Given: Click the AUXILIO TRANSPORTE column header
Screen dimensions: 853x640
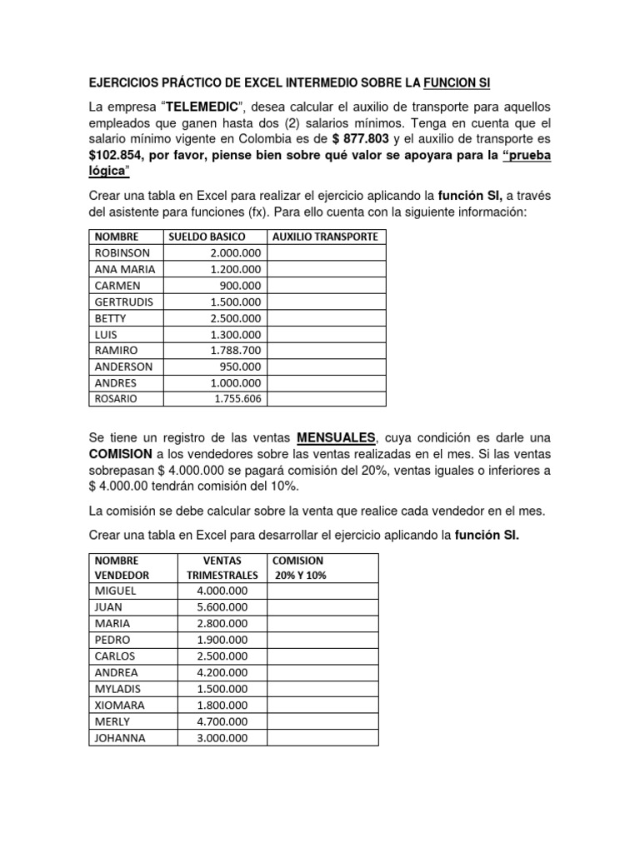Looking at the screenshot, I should click(326, 237).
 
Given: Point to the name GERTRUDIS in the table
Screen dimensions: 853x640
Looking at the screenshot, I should click(124, 302).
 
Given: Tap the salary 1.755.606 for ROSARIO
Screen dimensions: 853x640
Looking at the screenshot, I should click(237, 399).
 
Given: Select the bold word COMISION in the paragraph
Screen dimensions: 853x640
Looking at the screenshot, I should click(120, 454).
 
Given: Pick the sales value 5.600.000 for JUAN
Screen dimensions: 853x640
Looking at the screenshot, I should click(222, 607).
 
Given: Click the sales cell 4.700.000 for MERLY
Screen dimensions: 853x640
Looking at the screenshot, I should click(222, 721).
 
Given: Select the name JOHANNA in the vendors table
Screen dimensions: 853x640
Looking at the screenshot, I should click(120, 737).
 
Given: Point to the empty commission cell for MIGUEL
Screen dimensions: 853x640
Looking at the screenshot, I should click(322, 591).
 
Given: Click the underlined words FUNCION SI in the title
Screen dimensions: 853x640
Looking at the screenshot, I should click(463, 83).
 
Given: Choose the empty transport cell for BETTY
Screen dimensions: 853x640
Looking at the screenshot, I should click(326, 318).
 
